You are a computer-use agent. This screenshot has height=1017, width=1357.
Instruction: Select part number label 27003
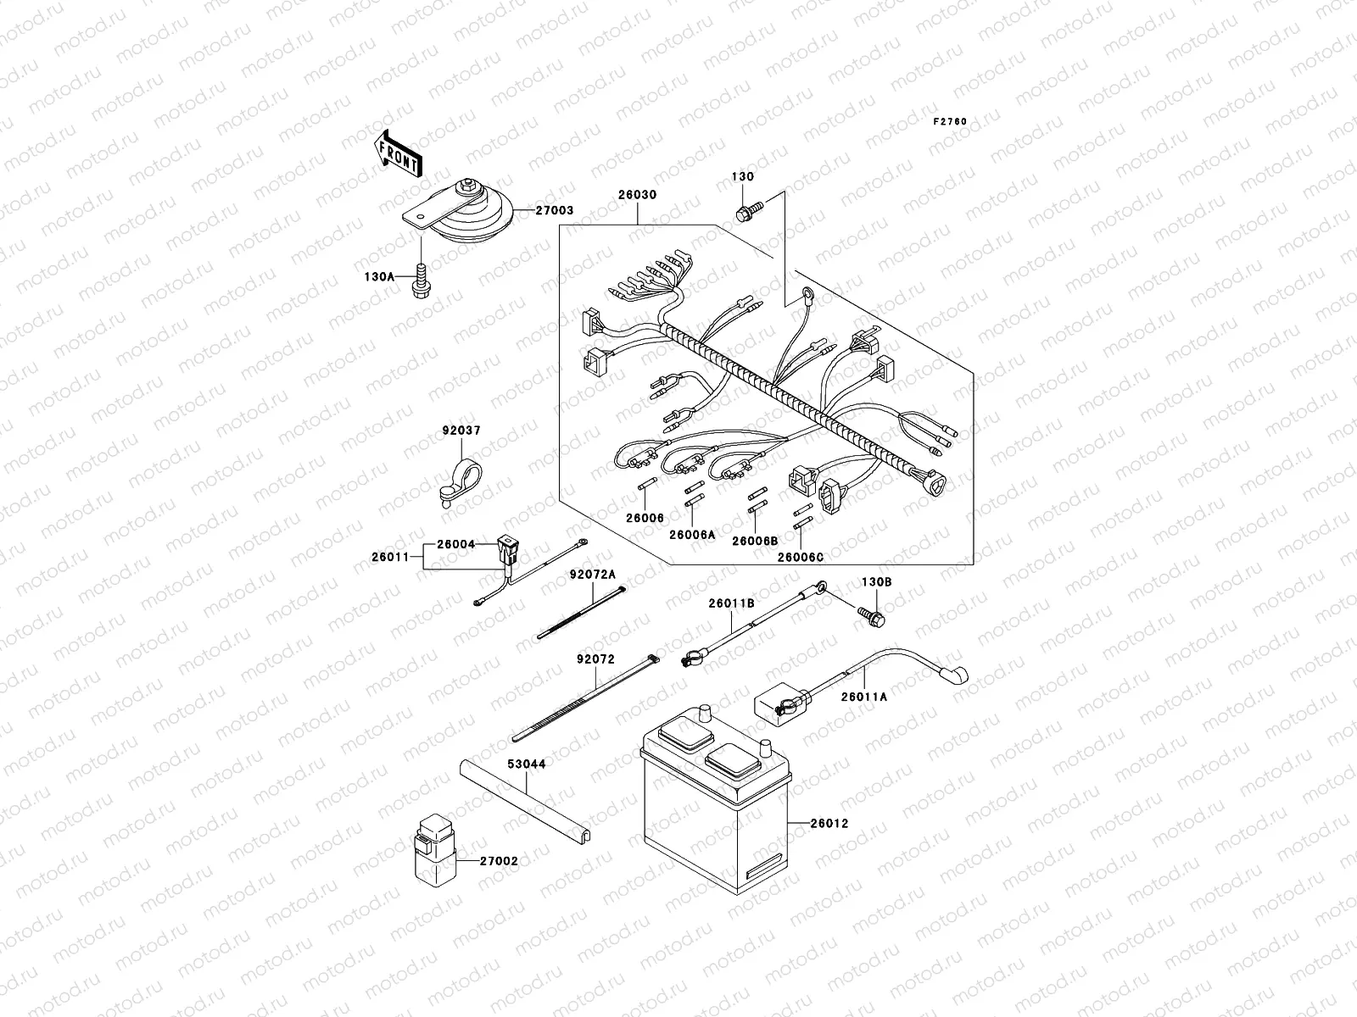tap(554, 210)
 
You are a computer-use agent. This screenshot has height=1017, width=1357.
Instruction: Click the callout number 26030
tap(637, 195)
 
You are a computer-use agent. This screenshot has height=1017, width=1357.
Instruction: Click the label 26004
tap(455, 545)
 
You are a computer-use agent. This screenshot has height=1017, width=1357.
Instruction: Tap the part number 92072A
tap(592, 574)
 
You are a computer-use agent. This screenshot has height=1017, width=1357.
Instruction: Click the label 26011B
tap(732, 603)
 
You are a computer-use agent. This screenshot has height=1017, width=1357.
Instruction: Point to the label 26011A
tap(864, 697)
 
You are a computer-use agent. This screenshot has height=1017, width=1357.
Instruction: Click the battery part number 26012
tap(829, 823)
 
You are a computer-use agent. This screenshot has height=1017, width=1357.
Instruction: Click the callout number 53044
tap(527, 764)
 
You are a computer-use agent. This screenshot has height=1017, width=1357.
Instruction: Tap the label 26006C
tap(800, 558)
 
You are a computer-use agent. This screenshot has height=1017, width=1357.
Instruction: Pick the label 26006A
tap(691, 535)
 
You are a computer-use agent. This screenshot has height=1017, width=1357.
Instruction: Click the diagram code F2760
tap(950, 122)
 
